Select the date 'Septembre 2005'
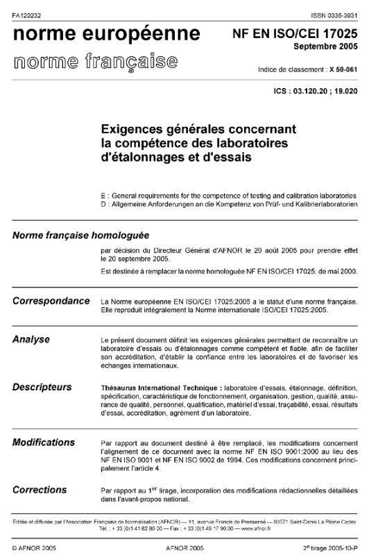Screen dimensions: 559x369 326,47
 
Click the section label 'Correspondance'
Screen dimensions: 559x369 51,301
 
